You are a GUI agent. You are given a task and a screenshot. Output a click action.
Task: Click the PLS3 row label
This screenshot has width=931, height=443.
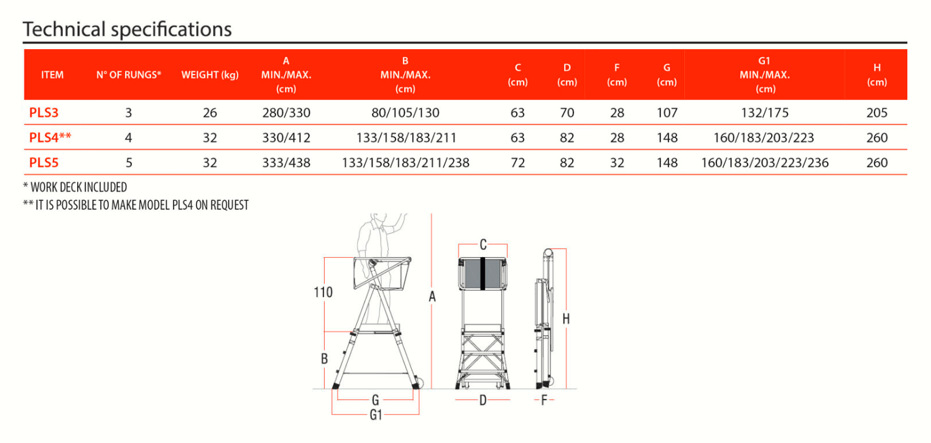click(x=44, y=112)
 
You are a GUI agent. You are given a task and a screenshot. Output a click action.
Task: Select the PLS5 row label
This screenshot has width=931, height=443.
click(x=44, y=162)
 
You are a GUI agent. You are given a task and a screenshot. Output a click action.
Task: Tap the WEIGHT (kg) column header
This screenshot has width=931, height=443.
click(x=210, y=75)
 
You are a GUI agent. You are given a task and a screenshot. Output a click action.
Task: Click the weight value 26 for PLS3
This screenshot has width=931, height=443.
click(x=210, y=112)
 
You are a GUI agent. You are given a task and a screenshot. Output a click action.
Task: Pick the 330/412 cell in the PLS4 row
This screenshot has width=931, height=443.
click(x=286, y=137)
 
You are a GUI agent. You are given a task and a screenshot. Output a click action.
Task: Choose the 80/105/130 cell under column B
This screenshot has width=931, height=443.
click(x=405, y=112)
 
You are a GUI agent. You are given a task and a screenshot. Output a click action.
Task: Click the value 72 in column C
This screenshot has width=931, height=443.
click(x=517, y=162)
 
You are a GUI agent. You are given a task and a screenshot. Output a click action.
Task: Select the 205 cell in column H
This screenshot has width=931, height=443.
click(x=877, y=112)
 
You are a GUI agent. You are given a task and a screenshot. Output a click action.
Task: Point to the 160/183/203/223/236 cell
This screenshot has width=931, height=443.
click(x=765, y=162)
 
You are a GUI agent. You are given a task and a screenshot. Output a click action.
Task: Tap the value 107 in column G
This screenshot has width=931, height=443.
click(x=667, y=112)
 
